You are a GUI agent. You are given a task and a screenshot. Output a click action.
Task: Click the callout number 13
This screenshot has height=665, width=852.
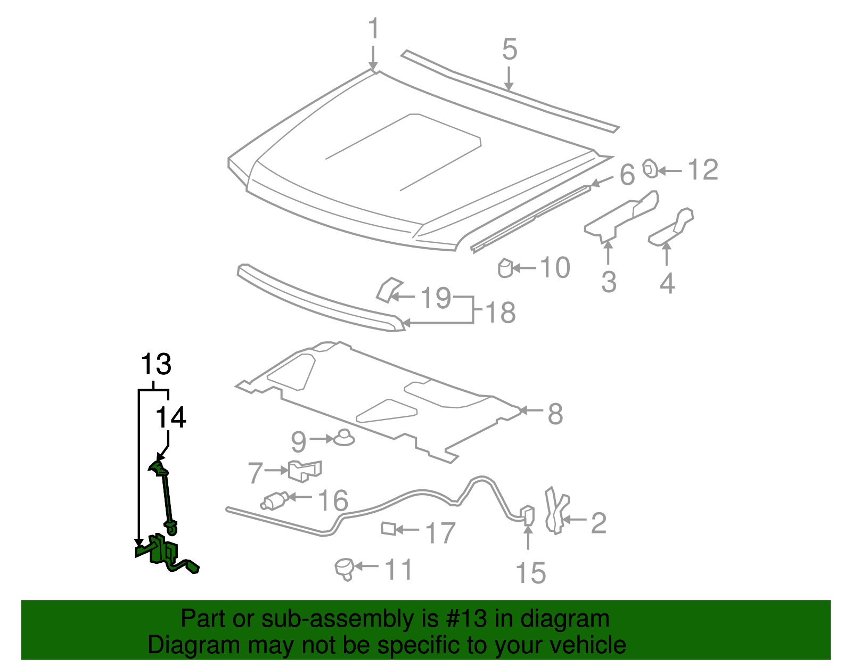click(x=155, y=365)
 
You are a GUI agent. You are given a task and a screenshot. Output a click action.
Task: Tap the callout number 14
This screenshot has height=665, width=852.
click(x=170, y=417)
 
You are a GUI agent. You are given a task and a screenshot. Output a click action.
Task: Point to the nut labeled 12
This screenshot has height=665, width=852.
click(x=650, y=169)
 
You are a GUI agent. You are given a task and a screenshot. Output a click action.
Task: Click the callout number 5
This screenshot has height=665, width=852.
click(x=509, y=49)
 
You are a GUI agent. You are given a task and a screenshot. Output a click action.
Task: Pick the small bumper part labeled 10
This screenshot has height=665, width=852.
click(x=505, y=268)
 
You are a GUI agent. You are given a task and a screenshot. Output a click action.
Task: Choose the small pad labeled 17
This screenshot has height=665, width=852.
click(x=388, y=529)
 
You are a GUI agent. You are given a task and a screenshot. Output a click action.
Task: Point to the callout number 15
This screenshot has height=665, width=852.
click(x=530, y=573)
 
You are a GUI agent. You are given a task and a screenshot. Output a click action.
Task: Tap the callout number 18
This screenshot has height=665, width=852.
click(x=501, y=313)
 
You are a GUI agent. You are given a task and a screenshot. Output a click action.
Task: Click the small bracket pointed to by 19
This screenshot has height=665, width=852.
click(x=387, y=289)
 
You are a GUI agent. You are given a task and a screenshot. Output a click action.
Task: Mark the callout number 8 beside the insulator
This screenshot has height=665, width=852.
click(x=555, y=414)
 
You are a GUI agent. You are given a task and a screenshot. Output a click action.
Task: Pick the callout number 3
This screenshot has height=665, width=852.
click(x=609, y=282)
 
